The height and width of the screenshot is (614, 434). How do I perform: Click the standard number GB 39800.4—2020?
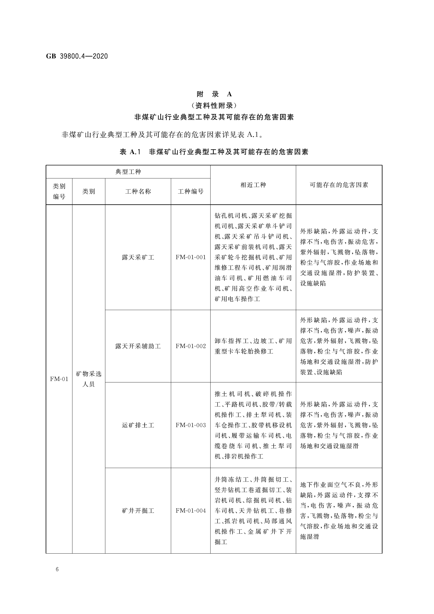point(77,56)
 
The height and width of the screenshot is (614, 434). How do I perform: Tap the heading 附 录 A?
point(214,94)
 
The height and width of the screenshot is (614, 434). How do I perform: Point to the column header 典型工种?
point(128,172)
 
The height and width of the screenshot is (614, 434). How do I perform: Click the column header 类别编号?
point(59,191)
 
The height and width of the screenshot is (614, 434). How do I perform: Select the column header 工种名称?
point(138,191)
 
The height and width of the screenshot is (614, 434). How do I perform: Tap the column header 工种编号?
point(191,191)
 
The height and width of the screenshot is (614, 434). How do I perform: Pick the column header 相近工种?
point(253,185)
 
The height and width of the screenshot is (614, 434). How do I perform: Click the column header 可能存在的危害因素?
point(339,185)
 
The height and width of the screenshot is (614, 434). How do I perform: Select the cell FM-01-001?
point(191,257)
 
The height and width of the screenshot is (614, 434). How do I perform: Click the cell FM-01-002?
point(191,346)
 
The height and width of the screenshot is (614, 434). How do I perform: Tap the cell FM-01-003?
point(191,425)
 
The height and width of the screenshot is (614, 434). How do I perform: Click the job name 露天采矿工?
point(138,257)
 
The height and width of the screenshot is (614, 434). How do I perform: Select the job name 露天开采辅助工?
point(138,346)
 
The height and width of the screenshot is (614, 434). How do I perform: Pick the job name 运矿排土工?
point(138,425)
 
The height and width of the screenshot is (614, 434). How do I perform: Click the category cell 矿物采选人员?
point(89,379)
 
